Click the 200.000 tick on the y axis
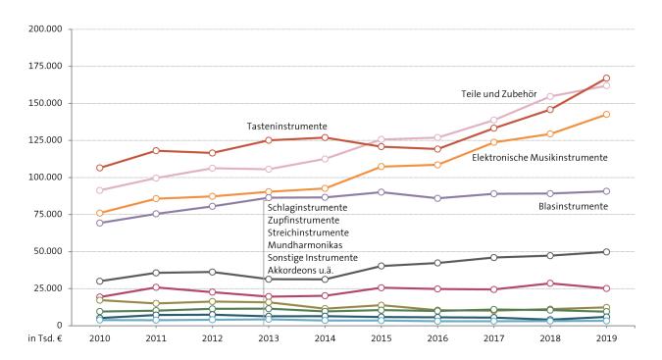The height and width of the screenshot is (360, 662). coord(46,28)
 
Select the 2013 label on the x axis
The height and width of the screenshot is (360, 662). coord(268,339)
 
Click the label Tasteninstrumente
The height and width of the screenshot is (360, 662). coord(286,127)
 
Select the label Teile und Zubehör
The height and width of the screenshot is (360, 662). coord(501,94)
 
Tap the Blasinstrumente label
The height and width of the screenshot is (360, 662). coord(574,206)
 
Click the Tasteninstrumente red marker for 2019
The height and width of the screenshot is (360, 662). coord(606,78)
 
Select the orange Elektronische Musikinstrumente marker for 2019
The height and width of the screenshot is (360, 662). coord(606,115)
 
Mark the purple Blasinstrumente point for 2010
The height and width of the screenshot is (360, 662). coord(100,223)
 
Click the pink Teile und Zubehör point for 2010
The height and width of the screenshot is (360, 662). coord(100,190)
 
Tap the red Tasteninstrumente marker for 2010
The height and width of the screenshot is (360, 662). coord(100,168)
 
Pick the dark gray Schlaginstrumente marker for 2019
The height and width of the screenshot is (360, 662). coord(606,252)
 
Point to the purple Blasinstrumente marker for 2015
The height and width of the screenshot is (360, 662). coord(382,192)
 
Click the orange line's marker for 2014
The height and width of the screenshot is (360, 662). coord(325,188)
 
